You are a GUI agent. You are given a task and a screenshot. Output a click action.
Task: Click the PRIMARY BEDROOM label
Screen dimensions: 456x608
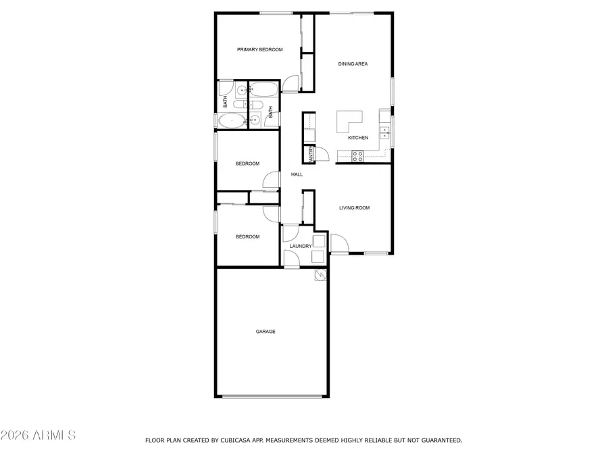(259, 49)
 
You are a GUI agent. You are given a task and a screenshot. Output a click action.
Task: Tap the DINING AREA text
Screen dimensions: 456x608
(353, 64)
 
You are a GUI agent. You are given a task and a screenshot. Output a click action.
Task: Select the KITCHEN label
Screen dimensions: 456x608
(358, 138)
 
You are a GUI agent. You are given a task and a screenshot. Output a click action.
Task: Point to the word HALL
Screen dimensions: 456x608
(297, 174)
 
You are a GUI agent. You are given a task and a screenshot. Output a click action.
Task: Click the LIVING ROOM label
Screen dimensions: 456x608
(354, 208)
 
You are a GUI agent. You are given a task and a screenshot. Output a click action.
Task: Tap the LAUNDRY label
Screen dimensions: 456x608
(300, 246)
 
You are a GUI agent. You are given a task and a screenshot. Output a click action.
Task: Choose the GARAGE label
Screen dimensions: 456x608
(265, 332)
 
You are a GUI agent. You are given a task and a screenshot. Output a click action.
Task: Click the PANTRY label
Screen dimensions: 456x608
(311, 155)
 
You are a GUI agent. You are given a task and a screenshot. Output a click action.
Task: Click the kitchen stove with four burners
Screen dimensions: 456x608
(357, 155)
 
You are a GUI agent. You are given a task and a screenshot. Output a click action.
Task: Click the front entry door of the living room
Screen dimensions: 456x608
(338, 243)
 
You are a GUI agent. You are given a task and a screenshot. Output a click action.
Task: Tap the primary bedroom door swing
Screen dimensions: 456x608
(290, 84)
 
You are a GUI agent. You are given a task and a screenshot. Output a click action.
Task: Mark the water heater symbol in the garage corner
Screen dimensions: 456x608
(320, 274)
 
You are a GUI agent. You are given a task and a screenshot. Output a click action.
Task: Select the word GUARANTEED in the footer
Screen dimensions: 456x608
(438, 440)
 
